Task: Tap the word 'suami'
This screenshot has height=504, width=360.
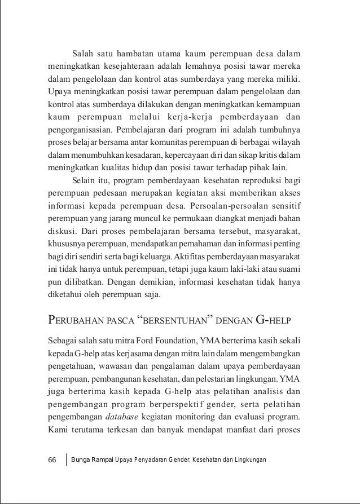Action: point(290,268)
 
